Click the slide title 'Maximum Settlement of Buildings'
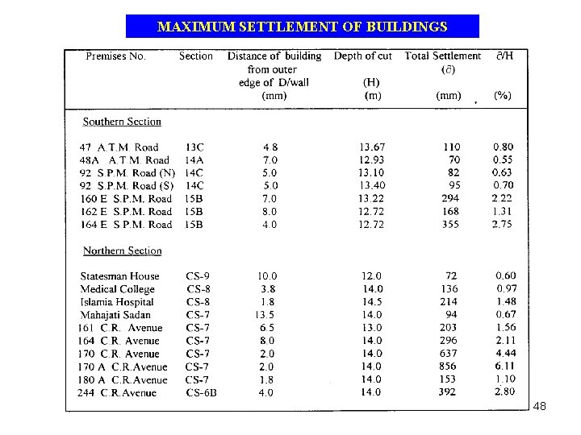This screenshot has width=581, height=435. point(302,27)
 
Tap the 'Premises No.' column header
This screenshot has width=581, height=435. point(115,56)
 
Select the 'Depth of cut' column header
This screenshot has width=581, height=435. point(362,56)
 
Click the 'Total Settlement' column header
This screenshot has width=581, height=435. point(442,56)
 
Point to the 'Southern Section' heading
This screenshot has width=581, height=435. point(122,122)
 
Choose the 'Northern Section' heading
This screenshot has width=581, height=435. point(122,251)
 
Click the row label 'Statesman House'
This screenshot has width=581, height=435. point(119,276)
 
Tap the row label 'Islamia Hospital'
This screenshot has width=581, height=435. point(117,302)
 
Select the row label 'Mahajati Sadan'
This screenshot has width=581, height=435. point(115,315)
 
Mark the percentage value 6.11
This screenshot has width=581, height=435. point(504,367)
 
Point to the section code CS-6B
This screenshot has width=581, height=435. point(202,393)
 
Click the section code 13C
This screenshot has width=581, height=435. point(194,147)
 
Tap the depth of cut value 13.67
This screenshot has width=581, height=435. point(371,147)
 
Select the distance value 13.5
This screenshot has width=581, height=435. point(266,315)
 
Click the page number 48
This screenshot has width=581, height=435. point(540,407)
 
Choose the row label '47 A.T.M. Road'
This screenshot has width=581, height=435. point(119,147)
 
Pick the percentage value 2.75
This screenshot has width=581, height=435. point(502,225)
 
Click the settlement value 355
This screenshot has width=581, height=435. point(450,225)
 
